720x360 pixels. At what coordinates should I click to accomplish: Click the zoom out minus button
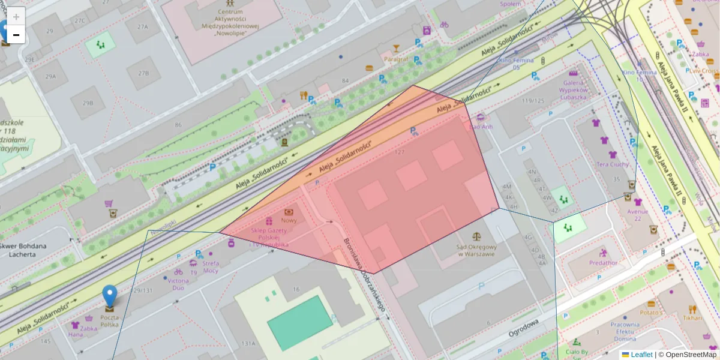[16, 35]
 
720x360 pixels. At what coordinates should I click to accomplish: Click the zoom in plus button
[16, 17]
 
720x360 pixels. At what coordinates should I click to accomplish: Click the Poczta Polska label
[109, 320]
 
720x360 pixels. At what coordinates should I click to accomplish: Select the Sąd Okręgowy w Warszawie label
[476, 250]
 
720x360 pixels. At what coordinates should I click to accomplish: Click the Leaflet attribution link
[641, 355]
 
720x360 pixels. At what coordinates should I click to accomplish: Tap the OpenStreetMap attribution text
[687, 355]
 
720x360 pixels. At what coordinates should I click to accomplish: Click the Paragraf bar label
[396, 59]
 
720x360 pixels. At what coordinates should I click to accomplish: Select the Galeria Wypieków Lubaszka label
[574, 89]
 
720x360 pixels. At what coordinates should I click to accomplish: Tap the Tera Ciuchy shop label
[613, 164]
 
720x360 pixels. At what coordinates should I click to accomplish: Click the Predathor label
[603, 263]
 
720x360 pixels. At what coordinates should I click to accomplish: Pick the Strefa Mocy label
[211, 266]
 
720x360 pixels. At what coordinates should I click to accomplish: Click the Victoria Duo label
[179, 283]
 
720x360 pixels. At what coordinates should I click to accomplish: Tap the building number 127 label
[400, 152]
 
